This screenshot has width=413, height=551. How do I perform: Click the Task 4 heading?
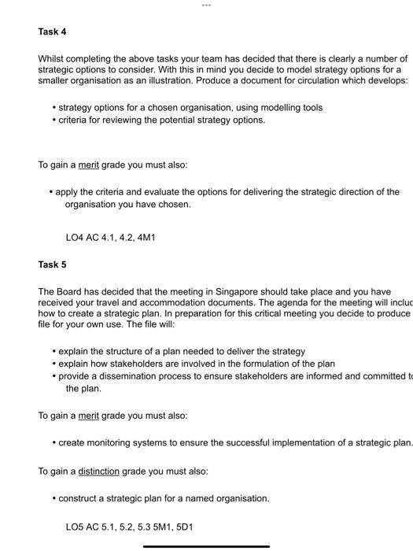[52, 31]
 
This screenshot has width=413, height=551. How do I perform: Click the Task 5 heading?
[52, 264]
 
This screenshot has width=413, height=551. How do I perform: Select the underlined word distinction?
[98, 471]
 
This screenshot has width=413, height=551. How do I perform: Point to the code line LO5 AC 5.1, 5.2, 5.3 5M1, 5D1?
[128, 526]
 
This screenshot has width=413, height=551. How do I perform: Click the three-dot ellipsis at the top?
[206, 5]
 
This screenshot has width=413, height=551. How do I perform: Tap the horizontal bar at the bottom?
[206, 545]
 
